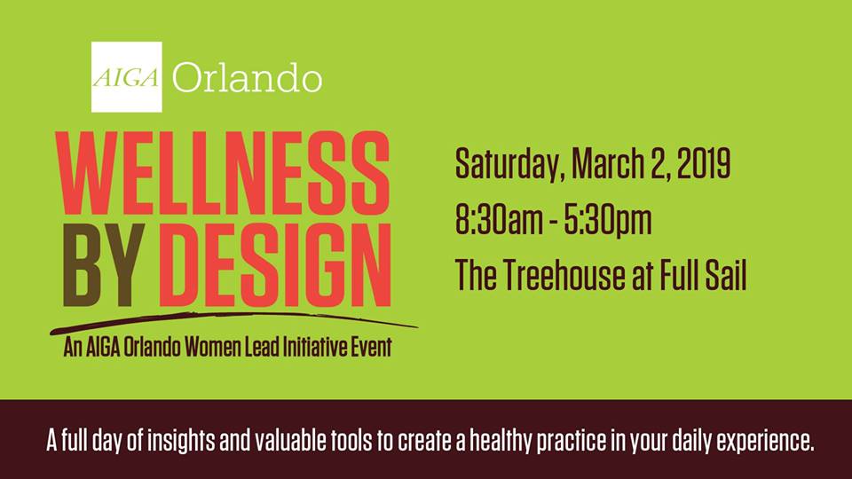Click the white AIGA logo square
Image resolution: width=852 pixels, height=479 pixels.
tap(127, 77)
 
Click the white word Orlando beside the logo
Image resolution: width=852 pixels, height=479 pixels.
tap(248, 78)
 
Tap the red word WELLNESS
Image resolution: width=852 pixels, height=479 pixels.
tap(223, 173)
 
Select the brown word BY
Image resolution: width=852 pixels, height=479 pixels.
tap(103, 265)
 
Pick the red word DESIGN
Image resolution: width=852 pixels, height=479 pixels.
tap(275, 265)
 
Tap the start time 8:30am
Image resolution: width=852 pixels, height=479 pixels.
tap(499, 221)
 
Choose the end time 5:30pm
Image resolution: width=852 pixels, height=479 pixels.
tap(607, 221)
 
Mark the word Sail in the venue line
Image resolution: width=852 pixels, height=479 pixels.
tap(726, 275)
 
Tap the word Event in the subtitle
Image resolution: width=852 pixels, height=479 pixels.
tap(369, 347)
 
